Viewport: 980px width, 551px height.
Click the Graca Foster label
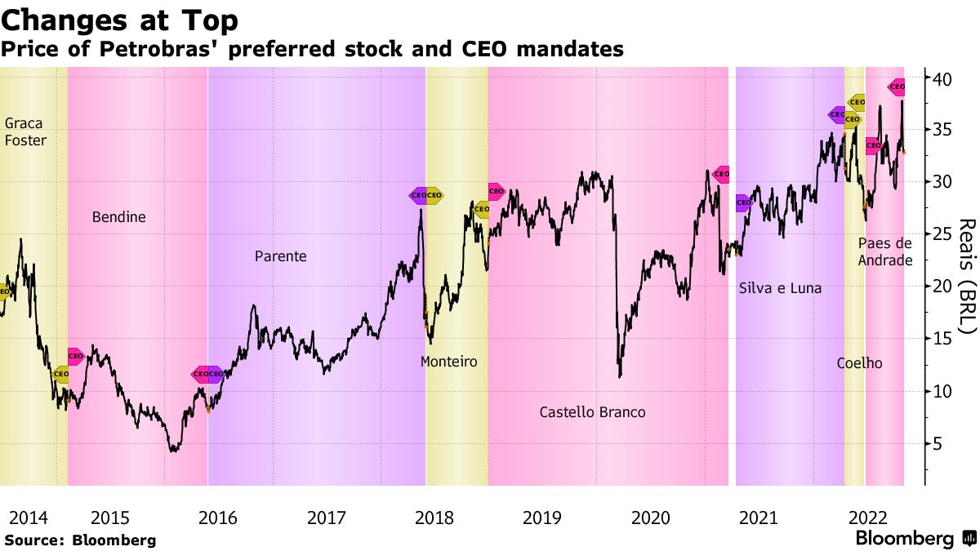coord(25,131)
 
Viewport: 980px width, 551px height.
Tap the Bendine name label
coord(118,217)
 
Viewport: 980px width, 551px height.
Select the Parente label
coord(280,256)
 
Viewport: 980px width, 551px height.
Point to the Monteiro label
coord(448,361)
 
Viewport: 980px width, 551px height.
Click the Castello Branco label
coord(592,412)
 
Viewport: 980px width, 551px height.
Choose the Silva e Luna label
coord(780,288)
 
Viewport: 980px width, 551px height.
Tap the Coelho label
coord(859,363)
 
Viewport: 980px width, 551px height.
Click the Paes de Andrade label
coord(885,251)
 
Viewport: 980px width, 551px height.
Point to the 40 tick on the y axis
coord(943,78)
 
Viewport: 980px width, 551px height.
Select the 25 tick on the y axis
coord(943,235)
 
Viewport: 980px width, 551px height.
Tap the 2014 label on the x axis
coord(29,518)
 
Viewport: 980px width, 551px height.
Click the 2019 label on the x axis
coord(541,518)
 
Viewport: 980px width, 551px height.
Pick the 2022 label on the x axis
coord(868,518)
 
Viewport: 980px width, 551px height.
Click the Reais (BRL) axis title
coord(967,276)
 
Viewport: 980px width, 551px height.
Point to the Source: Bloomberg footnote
coord(80,540)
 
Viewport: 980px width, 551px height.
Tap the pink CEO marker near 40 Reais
coord(897,86)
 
